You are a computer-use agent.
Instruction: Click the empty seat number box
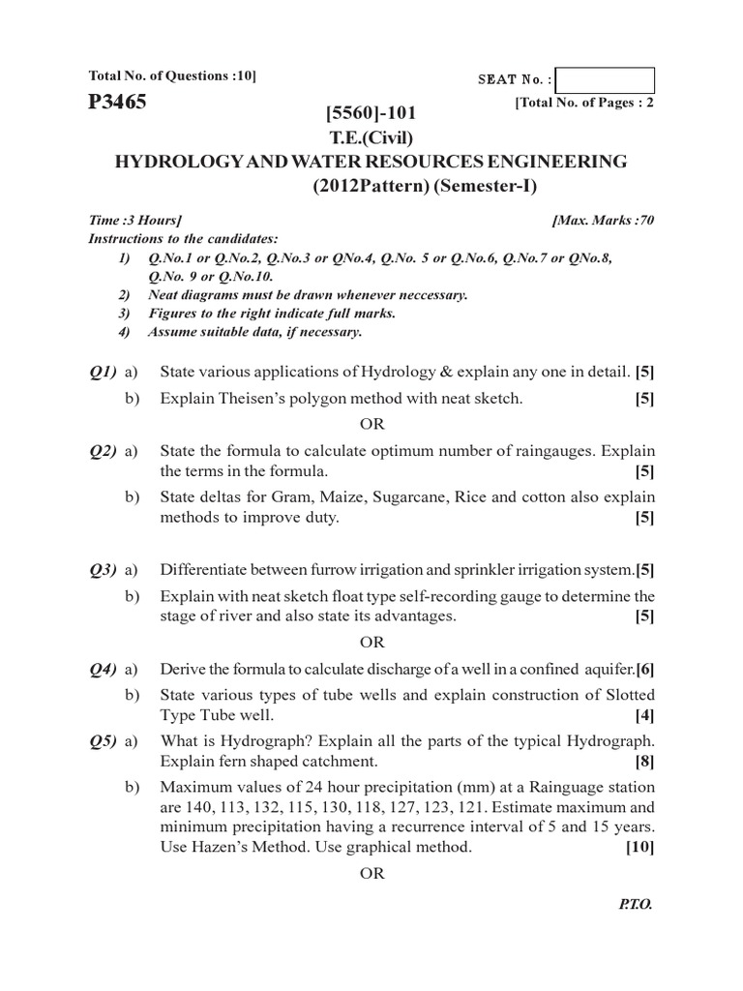point(606,80)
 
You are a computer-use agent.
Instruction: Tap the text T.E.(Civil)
point(371,137)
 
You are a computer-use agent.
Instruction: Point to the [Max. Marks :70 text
point(603,221)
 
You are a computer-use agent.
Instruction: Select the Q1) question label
point(103,373)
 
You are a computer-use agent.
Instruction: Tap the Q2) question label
point(103,450)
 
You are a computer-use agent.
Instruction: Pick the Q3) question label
point(103,569)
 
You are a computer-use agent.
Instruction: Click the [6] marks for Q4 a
point(645,670)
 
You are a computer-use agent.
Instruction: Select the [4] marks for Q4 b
point(644,716)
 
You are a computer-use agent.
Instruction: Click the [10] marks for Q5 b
point(639,849)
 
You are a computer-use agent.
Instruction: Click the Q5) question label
point(103,742)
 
